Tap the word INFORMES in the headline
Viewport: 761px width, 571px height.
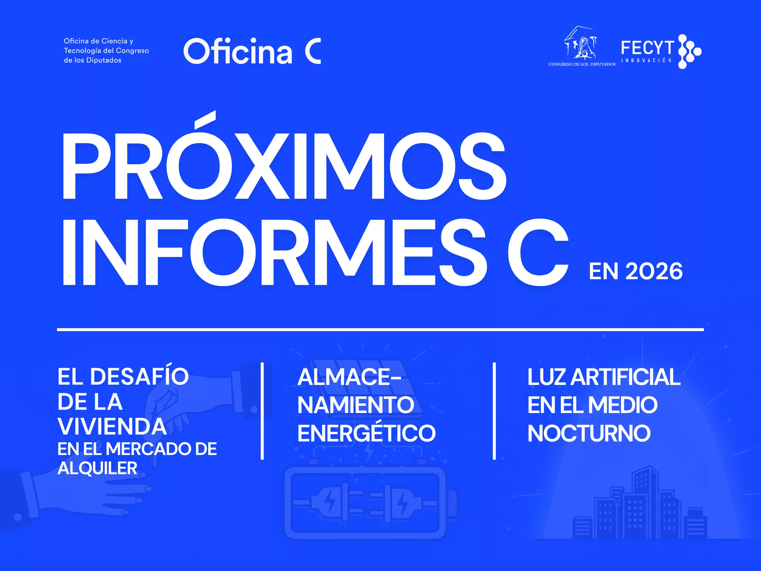tap(274, 252)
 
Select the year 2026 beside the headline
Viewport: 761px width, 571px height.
tap(654, 271)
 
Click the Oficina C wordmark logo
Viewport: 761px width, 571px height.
tap(252, 51)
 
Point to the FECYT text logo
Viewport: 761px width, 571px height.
tap(647, 48)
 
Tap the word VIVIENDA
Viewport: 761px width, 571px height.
tap(112, 427)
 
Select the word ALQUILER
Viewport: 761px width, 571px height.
tap(97, 468)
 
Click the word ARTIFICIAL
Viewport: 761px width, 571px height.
tap(626, 377)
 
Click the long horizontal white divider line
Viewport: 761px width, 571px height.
tap(380, 329)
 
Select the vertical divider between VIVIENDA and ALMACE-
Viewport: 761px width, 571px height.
tap(262, 411)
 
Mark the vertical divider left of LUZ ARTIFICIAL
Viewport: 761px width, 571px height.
tap(494, 411)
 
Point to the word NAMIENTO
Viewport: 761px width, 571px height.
tap(356, 405)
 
